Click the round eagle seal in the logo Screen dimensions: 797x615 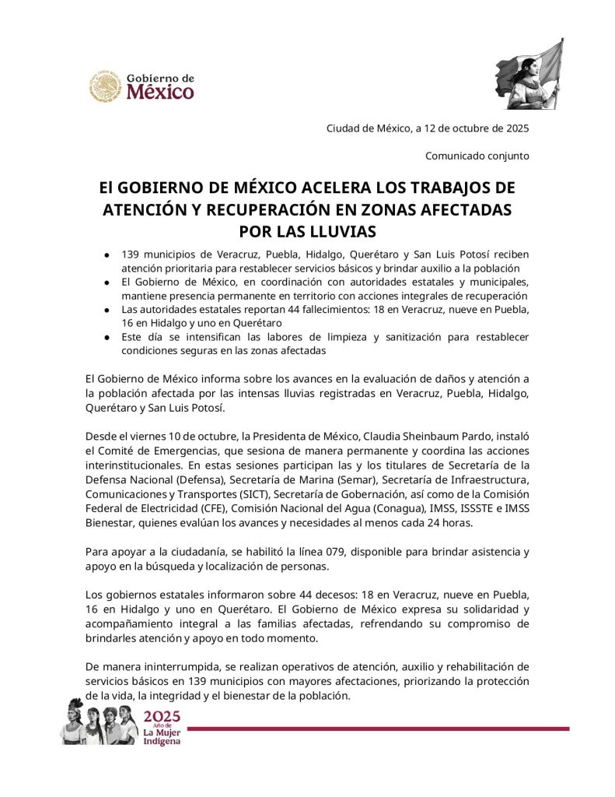(105, 86)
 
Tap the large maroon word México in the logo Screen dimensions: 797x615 (159, 93)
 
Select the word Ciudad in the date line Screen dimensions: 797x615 (343, 128)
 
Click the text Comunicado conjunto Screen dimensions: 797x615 (477, 156)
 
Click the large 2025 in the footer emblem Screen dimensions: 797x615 (162, 717)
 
